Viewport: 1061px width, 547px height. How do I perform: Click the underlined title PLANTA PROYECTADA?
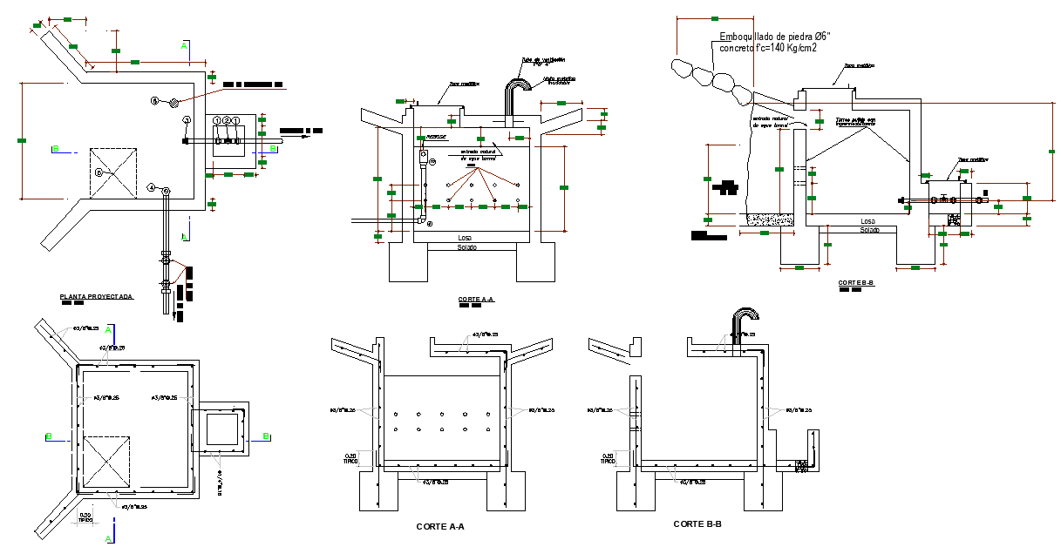pyautogui.click(x=96, y=297)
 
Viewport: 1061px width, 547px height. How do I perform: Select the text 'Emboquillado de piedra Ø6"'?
pyautogui.click(x=775, y=37)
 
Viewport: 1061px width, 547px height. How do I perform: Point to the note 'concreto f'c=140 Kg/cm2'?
pyautogui.click(x=767, y=49)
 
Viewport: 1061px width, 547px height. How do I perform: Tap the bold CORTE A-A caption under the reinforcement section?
pyautogui.click(x=440, y=526)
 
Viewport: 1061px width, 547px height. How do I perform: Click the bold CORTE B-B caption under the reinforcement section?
pyautogui.click(x=697, y=524)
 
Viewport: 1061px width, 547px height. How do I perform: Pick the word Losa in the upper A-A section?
pyautogui.click(x=465, y=238)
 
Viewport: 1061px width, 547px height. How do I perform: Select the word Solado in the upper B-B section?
pyautogui.click(x=869, y=230)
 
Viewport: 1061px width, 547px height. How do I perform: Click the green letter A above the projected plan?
pyautogui.click(x=184, y=44)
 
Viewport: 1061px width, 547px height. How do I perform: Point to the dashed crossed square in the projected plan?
pyautogui.click(x=113, y=172)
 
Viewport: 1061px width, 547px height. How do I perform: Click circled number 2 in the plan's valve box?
pyautogui.click(x=226, y=120)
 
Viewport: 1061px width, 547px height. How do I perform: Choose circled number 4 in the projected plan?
pyautogui.click(x=152, y=187)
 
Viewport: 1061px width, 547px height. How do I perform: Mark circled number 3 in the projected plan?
pyautogui.click(x=186, y=119)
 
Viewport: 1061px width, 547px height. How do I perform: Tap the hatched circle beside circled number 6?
pyautogui.click(x=173, y=102)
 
